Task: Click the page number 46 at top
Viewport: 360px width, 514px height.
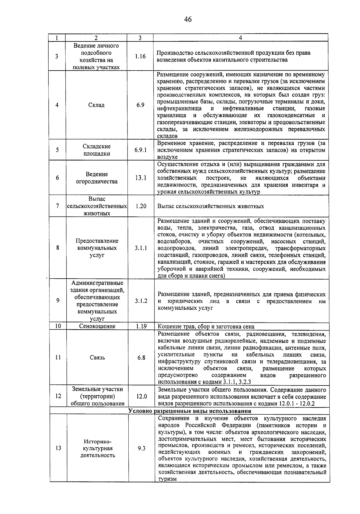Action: [188, 20]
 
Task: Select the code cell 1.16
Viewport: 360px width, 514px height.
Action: [140, 56]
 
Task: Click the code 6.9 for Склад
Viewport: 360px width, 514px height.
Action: [140, 105]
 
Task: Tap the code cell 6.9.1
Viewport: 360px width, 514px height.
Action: [140, 150]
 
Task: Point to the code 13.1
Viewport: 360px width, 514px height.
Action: [140, 178]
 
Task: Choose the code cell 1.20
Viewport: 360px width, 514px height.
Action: [140, 206]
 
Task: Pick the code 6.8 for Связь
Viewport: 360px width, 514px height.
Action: [141, 358]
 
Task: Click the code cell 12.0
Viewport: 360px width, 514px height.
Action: [141, 396]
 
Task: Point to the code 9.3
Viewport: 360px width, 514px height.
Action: [141, 448]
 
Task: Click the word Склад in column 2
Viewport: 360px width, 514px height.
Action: [97, 105]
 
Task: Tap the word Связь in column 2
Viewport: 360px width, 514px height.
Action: [97, 358]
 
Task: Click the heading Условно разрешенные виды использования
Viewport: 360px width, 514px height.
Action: [190, 411]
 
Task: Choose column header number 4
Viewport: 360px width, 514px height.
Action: [240, 38]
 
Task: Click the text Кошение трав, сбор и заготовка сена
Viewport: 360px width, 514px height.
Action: [206, 327]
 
